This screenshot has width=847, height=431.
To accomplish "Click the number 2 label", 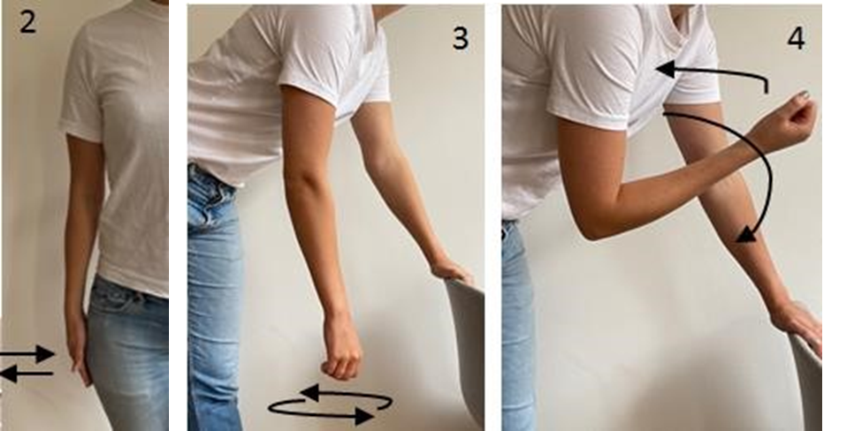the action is tap(27, 22).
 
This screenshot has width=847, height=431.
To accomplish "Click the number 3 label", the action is tap(461, 38).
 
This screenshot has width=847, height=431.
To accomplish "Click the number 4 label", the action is tap(796, 38).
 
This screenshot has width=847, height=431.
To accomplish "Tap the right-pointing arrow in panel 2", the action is tap(27, 354).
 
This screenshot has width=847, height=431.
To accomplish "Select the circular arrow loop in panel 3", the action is tap(331, 404).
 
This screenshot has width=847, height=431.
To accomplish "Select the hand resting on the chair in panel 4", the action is tap(799, 323).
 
